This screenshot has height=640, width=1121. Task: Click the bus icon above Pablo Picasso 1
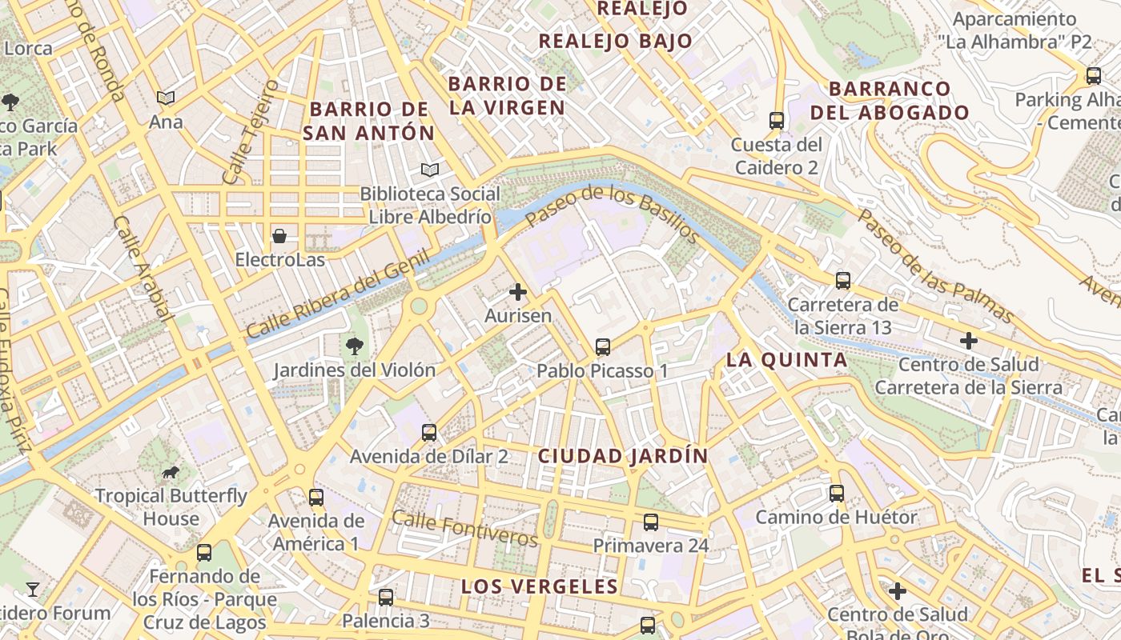coord(603,347)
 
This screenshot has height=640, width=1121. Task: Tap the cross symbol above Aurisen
coord(518,292)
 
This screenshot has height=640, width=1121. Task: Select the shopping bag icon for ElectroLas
coord(279,236)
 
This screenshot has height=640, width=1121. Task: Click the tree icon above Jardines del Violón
coord(354,346)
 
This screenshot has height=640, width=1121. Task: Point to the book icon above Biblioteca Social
coord(430,170)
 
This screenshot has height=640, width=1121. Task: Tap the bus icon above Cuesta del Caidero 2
coord(776,121)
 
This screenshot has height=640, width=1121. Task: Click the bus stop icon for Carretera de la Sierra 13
coord(842,281)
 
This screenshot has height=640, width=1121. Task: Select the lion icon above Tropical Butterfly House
coord(171,473)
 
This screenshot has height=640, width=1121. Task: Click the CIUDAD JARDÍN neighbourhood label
coord(623,456)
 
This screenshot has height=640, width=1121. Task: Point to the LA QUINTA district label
coord(786,360)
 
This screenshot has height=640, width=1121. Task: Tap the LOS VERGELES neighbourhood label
coord(540,586)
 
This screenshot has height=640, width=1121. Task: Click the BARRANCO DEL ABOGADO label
coord(890,101)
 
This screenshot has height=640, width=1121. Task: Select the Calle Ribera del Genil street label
coord(337,294)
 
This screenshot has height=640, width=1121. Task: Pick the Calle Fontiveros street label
coord(464,529)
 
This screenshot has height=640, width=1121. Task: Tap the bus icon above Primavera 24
coord(651,522)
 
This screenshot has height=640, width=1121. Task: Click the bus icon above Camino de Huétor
coord(837,494)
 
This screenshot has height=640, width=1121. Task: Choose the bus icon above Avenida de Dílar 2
coord(429,433)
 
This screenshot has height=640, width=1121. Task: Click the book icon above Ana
coord(166,98)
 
